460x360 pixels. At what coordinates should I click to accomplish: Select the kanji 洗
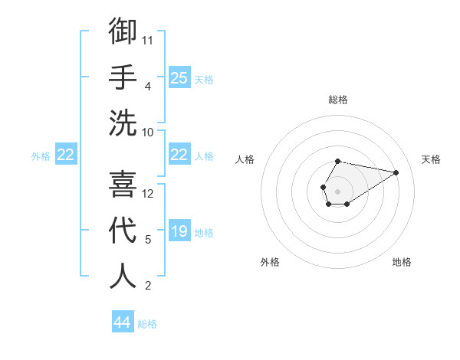[123, 122]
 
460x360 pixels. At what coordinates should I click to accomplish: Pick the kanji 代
[123, 230]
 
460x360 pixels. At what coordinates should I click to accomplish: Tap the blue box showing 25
[179, 77]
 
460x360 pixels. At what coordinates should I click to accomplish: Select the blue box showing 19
[179, 231]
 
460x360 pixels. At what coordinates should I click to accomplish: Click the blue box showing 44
[123, 322]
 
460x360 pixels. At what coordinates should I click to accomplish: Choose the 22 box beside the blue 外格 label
[66, 155]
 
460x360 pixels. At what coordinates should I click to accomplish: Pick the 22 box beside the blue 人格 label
[179, 155]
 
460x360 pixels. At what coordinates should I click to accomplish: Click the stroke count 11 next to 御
[148, 40]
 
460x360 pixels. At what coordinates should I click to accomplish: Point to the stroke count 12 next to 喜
[148, 194]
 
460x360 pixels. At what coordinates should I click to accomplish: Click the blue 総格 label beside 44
[147, 324]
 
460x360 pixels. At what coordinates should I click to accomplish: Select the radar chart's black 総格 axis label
[337, 100]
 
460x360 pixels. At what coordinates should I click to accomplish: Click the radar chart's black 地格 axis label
[402, 262]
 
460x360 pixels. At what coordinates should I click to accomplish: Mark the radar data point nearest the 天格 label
[396, 172]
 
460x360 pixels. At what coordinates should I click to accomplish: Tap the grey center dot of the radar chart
[337, 190]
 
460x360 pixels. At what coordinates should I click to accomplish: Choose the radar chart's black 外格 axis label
[270, 262]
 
